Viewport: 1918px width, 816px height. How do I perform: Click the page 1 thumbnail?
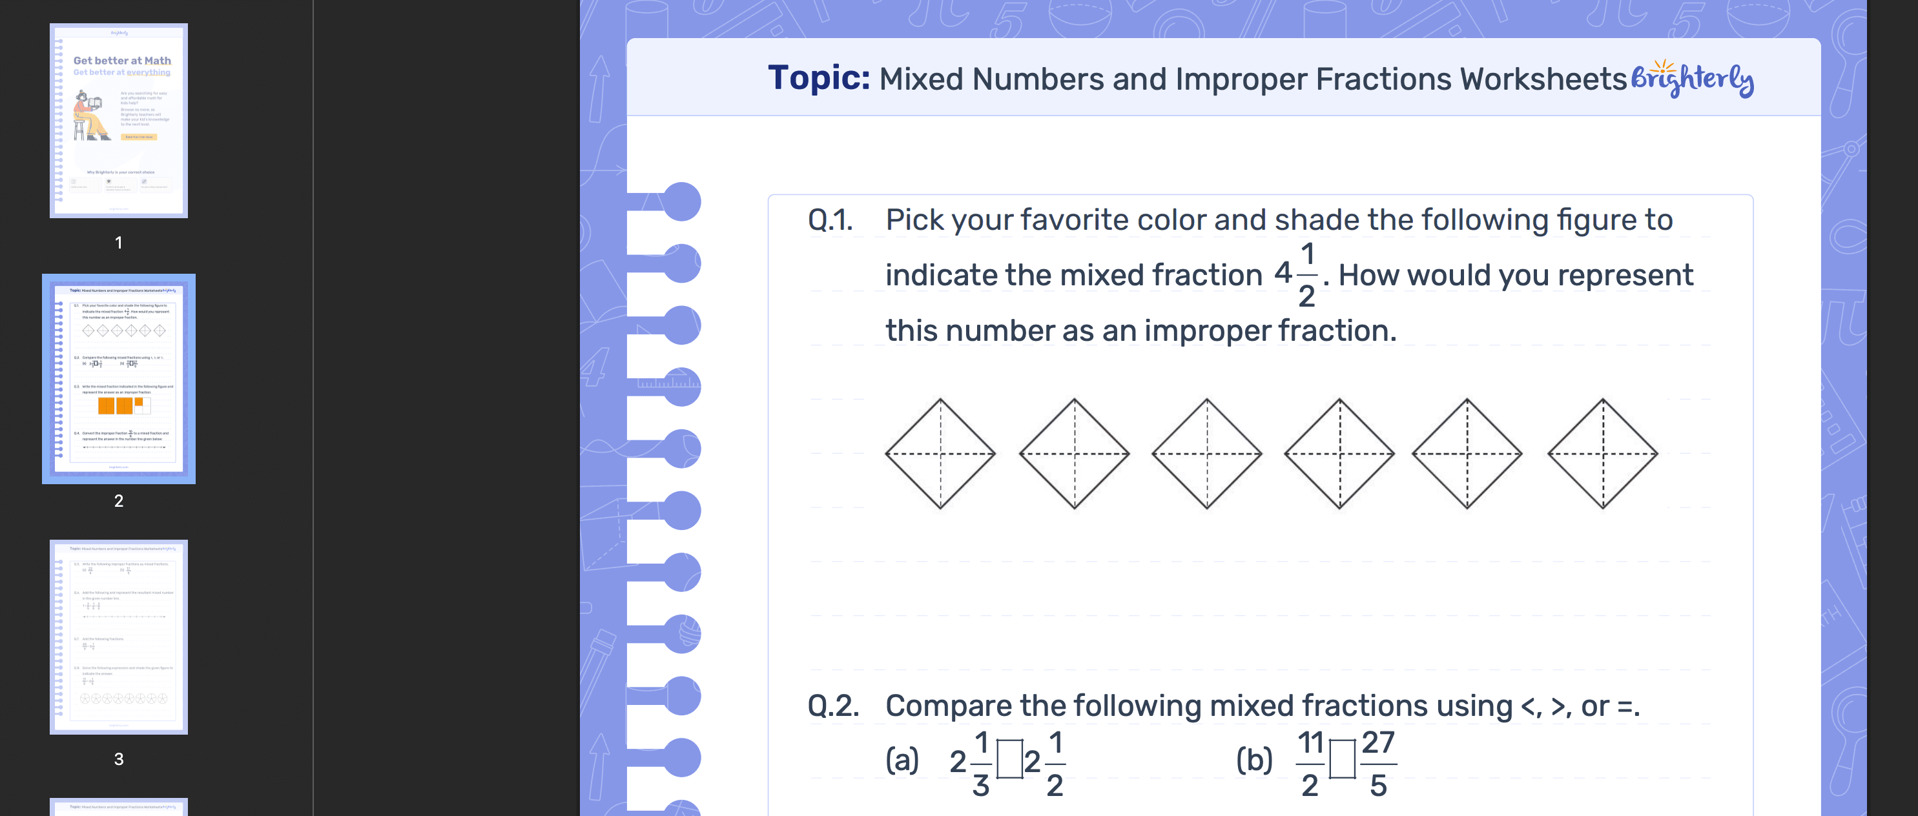[x=118, y=121]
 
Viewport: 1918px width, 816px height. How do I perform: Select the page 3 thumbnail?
[x=118, y=637]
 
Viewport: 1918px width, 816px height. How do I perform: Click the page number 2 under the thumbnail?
[x=118, y=501]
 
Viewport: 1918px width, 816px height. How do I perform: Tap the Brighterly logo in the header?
[x=1692, y=79]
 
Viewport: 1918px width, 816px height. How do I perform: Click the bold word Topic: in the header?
[x=818, y=78]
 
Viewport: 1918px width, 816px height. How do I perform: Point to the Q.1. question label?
[x=830, y=220]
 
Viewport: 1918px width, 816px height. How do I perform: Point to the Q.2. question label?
[x=833, y=706]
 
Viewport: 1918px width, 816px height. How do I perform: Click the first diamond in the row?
[x=940, y=453]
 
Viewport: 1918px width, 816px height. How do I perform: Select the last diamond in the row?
[x=1602, y=453]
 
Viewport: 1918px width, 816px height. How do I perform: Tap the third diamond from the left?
[x=1207, y=453]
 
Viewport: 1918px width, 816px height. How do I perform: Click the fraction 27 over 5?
[x=1378, y=763]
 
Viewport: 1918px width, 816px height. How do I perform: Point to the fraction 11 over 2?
[x=1310, y=763]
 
